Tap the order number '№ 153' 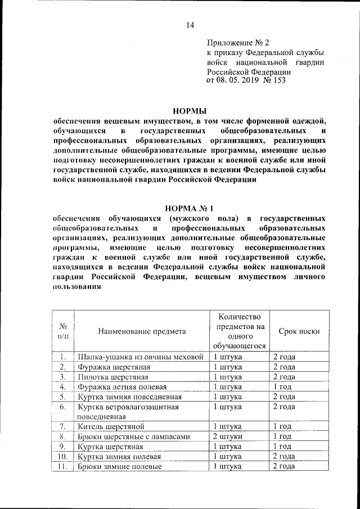click(275, 81)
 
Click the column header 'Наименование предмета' click(142, 331)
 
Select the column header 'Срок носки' click(299, 331)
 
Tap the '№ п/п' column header click(63, 331)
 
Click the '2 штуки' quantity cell click(228, 436)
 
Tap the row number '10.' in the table click(63, 457)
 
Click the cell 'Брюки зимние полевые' click(119, 466)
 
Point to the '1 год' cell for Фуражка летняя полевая click(281, 386)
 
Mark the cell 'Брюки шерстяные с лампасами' click(134, 436)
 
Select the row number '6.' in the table click(63, 407)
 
